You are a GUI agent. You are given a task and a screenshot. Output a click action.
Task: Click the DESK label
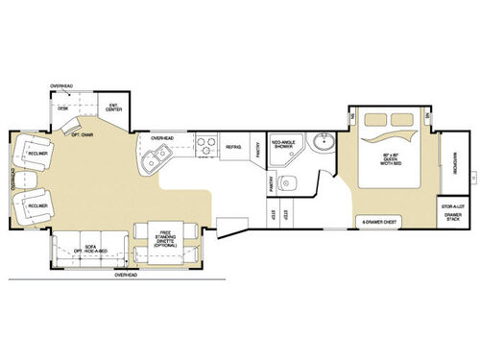(x=63, y=108)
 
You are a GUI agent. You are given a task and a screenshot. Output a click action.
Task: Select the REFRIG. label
(x=233, y=146)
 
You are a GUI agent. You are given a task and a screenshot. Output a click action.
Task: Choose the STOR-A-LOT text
(x=451, y=206)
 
